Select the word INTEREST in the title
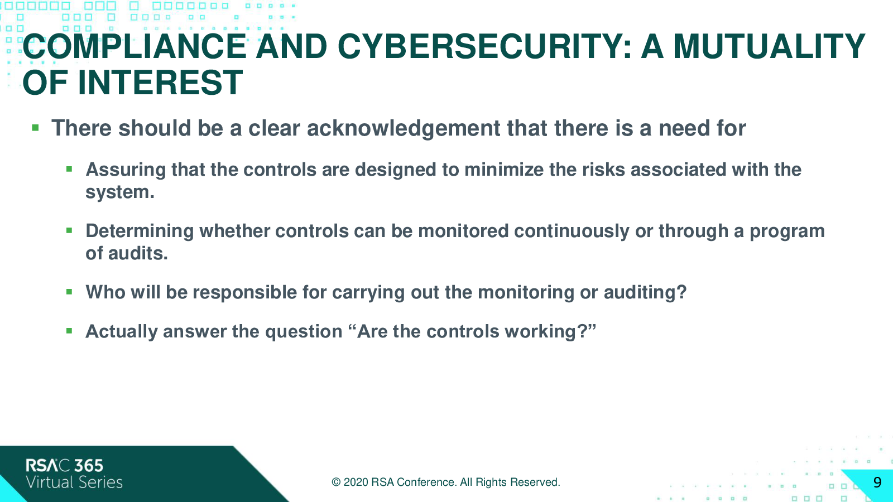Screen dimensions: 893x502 click(x=160, y=83)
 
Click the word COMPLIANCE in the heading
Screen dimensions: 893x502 click(x=135, y=46)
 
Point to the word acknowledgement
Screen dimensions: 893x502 click(x=404, y=128)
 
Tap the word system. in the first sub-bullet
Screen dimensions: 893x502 click(x=120, y=192)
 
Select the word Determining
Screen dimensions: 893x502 click(x=140, y=231)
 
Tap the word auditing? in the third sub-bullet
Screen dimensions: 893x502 click(x=645, y=292)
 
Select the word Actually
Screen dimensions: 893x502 click(x=122, y=331)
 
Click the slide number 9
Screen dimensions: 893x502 click(x=877, y=482)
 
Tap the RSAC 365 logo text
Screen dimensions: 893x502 click(x=65, y=466)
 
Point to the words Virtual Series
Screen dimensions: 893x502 click(x=74, y=482)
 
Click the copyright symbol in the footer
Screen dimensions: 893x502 click(x=336, y=482)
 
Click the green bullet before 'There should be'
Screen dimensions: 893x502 click(x=35, y=128)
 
